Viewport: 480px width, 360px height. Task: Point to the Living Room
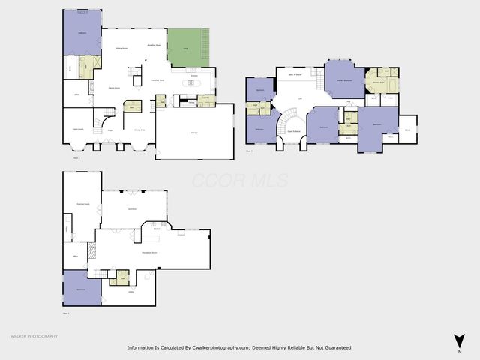pyautogui.click(x=77, y=129)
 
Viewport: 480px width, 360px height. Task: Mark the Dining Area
pyautogui.click(x=139, y=130)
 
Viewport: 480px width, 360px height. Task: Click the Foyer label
pyautogui.click(x=109, y=130)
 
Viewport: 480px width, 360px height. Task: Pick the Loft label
pyautogui.click(x=301, y=98)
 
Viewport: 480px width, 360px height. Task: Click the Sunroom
pyautogui.click(x=132, y=208)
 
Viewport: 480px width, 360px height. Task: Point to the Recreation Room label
pyautogui.click(x=149, y=253)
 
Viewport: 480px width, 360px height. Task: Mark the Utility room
pyautogui.click(x=130, y=292)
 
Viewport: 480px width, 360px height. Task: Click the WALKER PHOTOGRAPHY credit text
pyautogui.click(x=33, y=336)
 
